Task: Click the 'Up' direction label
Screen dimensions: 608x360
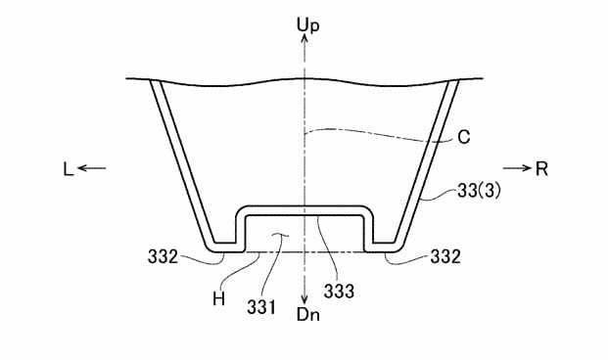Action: (x=307, y=24)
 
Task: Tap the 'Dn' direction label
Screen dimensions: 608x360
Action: (x=308, y=315)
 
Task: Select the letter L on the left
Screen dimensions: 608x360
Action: (x=69, y=169)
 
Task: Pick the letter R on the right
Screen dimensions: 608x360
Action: (x=541, y=169)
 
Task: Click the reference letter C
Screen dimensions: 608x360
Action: (x=464, y=137)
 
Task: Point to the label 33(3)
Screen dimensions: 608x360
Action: (x=479, y=191)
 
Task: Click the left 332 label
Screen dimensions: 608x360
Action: (x=163, y=257)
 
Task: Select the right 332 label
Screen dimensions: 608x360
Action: (x=445, y=257)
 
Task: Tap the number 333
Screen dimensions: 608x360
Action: (x=340, y=291)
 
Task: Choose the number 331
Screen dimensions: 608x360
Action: (x=261, y=307)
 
